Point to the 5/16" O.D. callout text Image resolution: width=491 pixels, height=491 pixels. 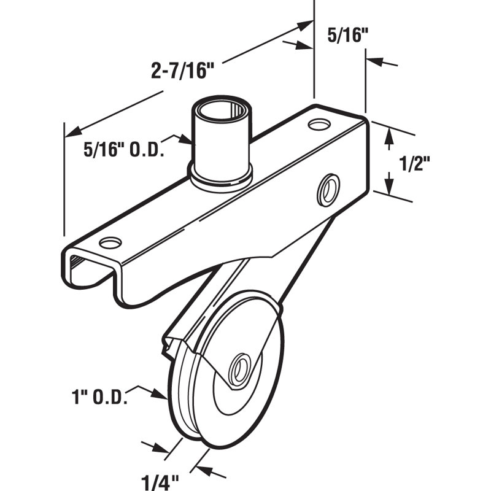pos(123,149)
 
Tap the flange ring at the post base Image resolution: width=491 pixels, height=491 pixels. pos(220,179)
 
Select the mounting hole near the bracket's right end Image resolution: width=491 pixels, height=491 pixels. pos(317,125)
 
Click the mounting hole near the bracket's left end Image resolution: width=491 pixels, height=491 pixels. pos(110,243)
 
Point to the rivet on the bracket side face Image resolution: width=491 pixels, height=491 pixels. pos(327,189)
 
